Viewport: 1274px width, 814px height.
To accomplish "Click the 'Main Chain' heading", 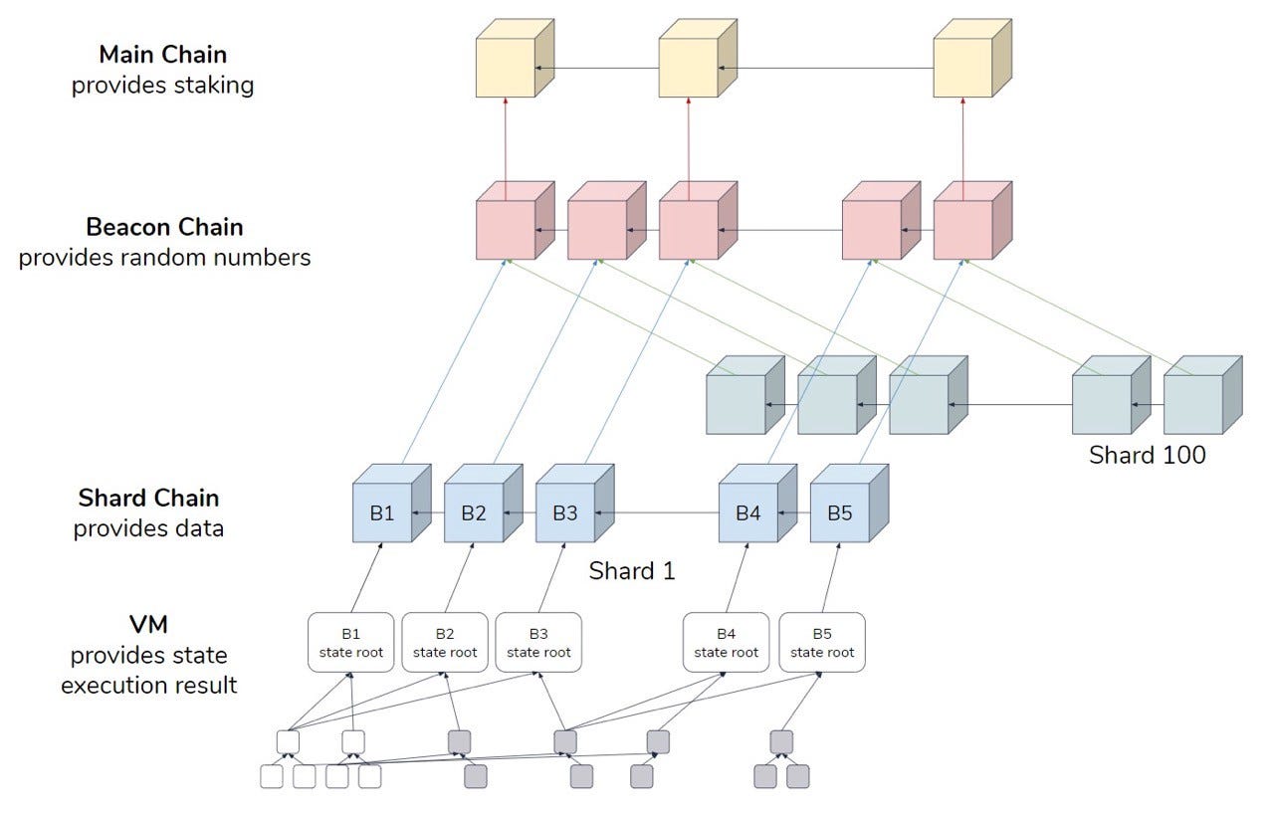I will (x=162, y=54).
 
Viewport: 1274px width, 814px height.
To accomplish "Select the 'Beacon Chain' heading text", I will (x=164, y=226).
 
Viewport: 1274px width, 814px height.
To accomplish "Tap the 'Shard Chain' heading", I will (x=148, y=497).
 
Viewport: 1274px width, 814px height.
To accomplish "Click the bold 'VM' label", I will (x=148, y=626).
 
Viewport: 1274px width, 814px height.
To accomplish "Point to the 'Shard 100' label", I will (x=1147, y=456).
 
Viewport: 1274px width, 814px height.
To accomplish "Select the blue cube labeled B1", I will (x=383, y=513).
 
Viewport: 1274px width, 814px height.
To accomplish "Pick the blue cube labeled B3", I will (x=565, y=513).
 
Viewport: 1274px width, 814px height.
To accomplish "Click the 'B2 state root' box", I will (x=445, y=642).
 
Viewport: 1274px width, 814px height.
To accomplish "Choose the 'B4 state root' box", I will (x=726, y=642).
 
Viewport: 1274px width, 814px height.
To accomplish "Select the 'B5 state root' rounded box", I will (x=822, y=642).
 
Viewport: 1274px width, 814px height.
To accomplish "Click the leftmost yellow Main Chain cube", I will (x=506, y=68).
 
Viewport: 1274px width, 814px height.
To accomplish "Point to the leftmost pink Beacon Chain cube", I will (x=506, y=230).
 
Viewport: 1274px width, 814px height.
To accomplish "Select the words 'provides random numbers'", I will (x=164, y=258).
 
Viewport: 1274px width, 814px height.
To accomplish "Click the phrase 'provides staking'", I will (x=162, y=86).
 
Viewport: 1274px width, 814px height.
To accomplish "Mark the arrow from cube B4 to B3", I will (x=657, y=513).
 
